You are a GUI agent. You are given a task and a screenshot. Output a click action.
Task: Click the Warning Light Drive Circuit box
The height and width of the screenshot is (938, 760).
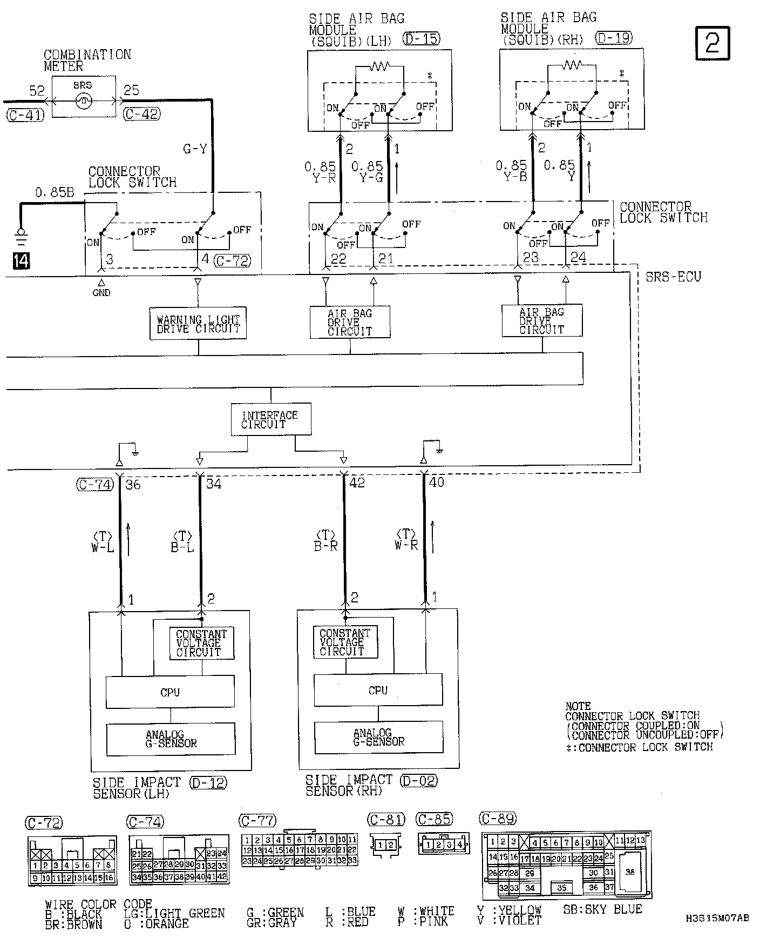198,324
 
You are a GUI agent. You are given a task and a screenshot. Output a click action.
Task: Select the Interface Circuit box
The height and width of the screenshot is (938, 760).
270,419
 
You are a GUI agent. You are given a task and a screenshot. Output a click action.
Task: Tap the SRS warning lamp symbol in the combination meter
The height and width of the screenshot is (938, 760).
84,100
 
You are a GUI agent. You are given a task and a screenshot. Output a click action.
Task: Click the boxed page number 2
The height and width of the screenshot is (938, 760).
712,43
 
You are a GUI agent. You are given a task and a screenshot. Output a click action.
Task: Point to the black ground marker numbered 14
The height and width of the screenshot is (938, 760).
22,261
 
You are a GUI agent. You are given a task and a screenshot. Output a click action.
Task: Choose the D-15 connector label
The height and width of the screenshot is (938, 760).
421,39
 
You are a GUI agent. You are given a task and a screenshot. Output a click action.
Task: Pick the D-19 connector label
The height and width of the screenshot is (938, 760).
614,38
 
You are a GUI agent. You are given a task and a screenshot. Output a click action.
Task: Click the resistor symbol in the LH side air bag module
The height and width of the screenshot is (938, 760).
379,66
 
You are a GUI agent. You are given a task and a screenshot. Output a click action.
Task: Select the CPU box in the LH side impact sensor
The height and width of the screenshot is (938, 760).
170,692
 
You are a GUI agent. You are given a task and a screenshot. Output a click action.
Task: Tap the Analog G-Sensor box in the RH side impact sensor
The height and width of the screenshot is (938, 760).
378,738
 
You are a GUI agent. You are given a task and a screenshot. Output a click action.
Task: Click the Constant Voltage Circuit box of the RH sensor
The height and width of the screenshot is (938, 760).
345,642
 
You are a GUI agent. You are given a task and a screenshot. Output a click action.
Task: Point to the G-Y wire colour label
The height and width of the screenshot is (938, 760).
195,149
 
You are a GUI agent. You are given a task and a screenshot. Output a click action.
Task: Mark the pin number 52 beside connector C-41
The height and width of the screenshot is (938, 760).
37,91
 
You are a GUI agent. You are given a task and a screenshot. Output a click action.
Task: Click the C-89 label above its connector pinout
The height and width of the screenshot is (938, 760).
498,819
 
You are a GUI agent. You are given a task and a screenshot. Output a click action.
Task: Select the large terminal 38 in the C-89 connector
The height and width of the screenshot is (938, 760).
630,872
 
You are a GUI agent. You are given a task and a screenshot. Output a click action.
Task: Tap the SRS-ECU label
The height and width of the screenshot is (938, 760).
673,277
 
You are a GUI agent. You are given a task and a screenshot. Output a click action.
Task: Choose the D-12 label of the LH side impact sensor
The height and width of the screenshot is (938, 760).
208,782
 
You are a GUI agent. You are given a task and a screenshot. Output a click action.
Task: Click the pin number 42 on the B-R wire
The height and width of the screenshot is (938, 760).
357,483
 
